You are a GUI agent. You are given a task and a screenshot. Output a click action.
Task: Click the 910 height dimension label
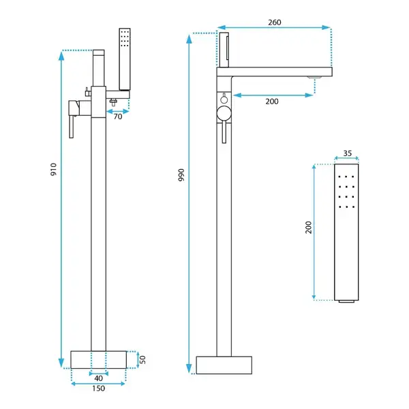click(x=53, y=169)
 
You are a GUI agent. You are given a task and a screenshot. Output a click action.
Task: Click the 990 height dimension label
click(x=181, y=175)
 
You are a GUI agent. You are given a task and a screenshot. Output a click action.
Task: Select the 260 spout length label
click(x=275, y=22)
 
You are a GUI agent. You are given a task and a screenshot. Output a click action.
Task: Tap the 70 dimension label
click(x=118, y=117)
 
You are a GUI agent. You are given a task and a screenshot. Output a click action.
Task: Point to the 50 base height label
click(x=142, y=360)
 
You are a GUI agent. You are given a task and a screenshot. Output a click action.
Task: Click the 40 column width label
click(x=98, y=378)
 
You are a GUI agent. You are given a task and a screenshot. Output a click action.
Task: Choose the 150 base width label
click(x=99, y=389)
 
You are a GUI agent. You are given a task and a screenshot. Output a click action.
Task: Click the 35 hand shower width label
click(x=347, y=153)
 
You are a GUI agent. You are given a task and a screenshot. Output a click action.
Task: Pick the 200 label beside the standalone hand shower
click(x=309, y=227)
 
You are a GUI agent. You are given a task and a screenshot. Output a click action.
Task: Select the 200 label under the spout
click(x=272, y=101)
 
